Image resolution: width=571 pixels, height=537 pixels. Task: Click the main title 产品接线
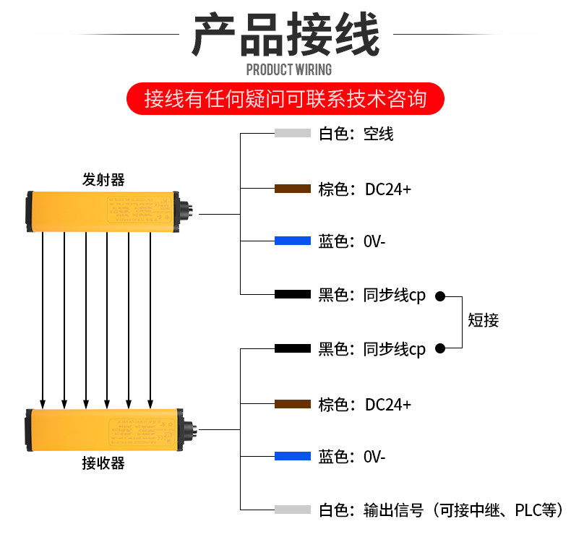(x=285, y=35)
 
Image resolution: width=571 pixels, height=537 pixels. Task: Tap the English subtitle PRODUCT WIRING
(x=288, y=70)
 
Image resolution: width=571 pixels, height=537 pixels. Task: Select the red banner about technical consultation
(x=285, y=98)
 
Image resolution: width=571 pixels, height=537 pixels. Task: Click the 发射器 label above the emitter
(x=103, y=180)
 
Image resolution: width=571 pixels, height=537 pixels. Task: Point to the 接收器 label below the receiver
(x=103, y=463)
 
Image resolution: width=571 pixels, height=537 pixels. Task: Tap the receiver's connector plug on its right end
(x=187, y=429)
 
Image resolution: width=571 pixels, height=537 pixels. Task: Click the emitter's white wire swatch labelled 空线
(x=293, y=134)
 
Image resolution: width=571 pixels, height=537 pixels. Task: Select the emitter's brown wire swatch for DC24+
(x=293, y=189)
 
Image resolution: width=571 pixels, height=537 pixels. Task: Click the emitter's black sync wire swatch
(x=293, y=295)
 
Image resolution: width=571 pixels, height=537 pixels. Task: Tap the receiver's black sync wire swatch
(x=293, y=349)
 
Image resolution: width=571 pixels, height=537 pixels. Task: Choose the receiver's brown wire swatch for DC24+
(x=293, y=404)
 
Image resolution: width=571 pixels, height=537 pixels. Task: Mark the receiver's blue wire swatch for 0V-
(x=293, y=457)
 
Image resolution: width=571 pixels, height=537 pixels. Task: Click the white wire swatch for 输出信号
(x=293, y=510)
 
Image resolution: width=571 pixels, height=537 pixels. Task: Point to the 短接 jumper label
(x=484, y=321)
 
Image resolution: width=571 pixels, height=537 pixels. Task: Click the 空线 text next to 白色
(x=379, y=134)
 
